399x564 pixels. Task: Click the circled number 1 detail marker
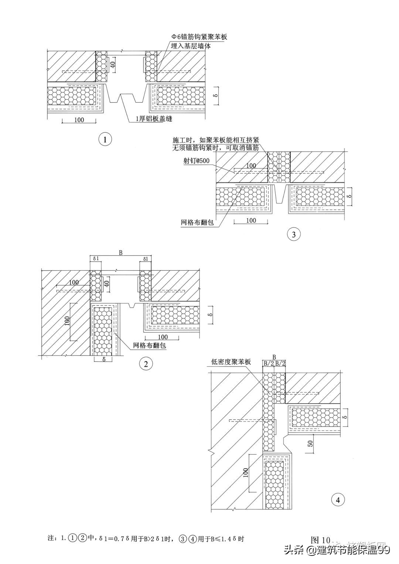[106, 140]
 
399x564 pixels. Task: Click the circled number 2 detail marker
[146, 364]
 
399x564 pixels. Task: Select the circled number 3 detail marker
[294, 234]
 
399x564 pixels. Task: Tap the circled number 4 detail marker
[338, 500]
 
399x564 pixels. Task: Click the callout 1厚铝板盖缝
[154, 119]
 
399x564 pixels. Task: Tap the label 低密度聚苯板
[231, 362]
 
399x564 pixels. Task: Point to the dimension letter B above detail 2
[120, 253]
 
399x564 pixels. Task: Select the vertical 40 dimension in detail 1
[113, 66]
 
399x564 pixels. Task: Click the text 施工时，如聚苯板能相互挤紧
[216, 141]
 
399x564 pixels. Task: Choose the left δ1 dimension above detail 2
[96, 259]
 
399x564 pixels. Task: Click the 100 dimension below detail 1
[79, 120]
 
